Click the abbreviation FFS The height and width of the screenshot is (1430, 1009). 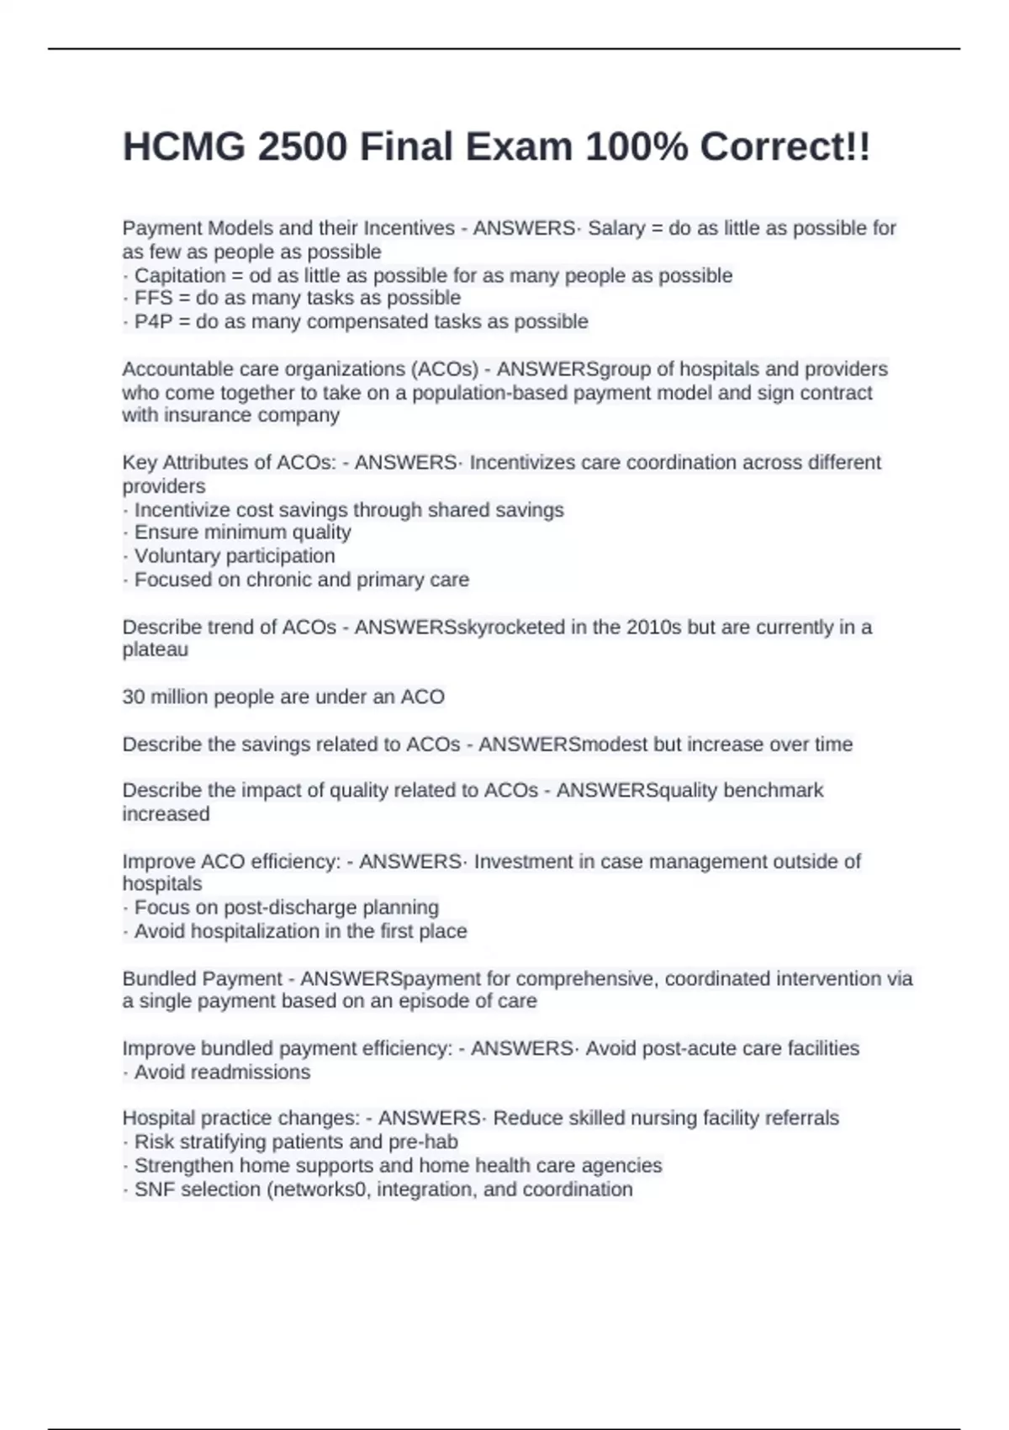(x=154, y=298)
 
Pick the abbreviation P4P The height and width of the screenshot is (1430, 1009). (x=154, y=321)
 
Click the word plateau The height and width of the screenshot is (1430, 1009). (x=155, y=649)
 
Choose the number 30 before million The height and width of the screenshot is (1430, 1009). (x=134, y=697)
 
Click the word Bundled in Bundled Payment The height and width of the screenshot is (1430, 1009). (x=158, y=979)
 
